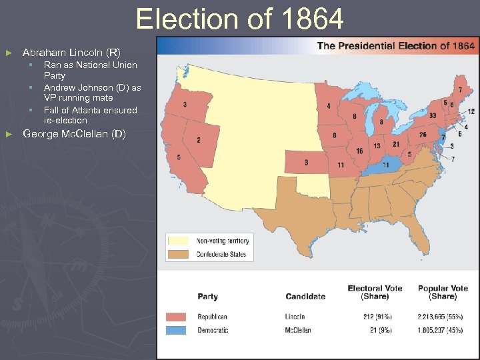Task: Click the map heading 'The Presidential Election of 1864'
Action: [x=396, y=46]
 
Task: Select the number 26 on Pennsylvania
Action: [x=423, y=135]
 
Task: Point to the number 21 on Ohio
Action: [x=395, y=144]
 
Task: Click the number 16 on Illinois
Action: [x=359, y=151]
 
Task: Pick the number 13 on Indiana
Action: [x=377, y=147]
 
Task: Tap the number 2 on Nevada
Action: [x=198, y=140]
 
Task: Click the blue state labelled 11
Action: [x=385, y=164]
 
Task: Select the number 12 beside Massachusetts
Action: [x=471, y=111]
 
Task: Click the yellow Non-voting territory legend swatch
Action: [x=179, y=241]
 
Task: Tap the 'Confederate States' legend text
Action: [x=221, y=254]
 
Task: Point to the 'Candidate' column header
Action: [x=305, y=297]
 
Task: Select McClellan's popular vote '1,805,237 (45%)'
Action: [x=443, y=330]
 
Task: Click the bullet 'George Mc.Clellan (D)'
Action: [x=74, y=134]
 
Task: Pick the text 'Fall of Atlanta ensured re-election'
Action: [x=90, y=115]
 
